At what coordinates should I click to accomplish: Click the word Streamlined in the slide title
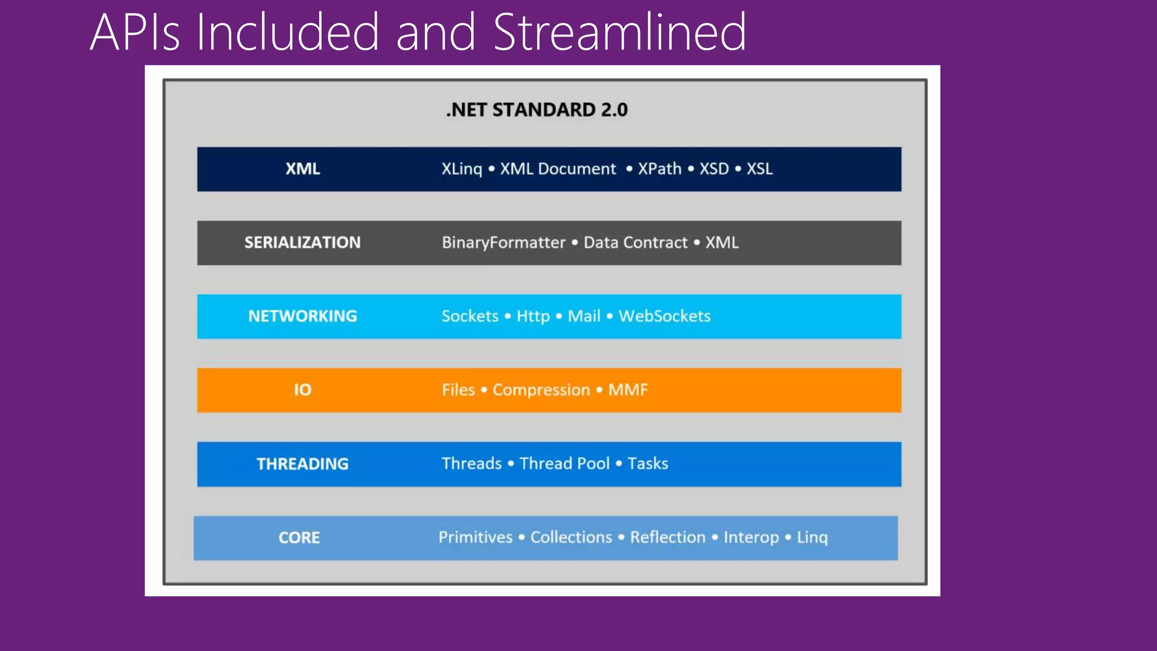click(620, 32)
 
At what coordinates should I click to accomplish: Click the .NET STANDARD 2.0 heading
click(537, 110)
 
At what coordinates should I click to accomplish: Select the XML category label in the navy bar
click(303, 169)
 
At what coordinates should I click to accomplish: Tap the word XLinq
click(462, 169)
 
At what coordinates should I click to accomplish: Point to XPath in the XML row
click(659, 169)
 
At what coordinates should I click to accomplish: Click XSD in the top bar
click(714, 169)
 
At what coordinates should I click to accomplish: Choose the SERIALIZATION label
click(302, 242)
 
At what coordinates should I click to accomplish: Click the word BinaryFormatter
click(503, 242)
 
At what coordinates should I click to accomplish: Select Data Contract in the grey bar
click(635, 242)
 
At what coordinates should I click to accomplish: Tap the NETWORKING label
click(303, 316)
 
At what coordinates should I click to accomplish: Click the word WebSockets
click(664, 316)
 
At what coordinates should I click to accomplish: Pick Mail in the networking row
click(584, 316)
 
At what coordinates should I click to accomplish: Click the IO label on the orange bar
click(303, 390)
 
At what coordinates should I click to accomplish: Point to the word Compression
click(541, 390)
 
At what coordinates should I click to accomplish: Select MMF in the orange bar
click(628, 390)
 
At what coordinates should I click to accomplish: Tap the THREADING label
click(303, 464)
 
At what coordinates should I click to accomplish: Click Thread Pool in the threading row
click(564, 463)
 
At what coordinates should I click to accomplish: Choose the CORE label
click(299, 537)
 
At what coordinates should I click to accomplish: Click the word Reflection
click(668, 537)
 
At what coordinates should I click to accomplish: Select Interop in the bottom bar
click(751, 537)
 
